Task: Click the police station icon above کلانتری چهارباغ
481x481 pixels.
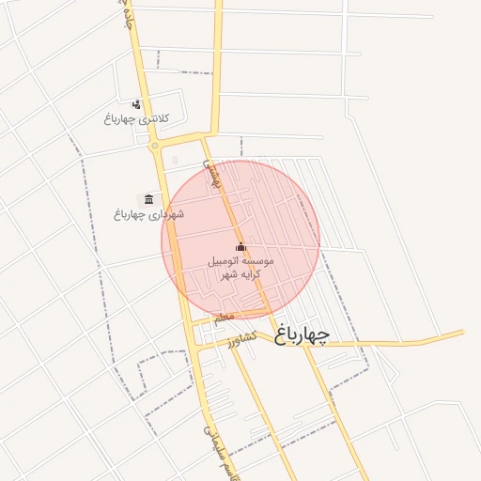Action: click(x=137, y=104)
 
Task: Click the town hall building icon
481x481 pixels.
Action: click(x=148, y=199)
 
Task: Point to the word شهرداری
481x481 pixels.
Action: click(x=162, y=214)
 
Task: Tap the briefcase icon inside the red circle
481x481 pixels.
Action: click(x=240, y=247)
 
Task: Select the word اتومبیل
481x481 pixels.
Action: click(x=224, y=261)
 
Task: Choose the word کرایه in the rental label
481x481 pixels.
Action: click(x=251, y=275)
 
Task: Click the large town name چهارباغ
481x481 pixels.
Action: click(x=315, y=334)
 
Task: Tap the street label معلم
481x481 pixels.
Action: click(x=223, y=318)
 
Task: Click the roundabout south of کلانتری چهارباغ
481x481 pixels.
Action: click(x=154, y=146)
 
